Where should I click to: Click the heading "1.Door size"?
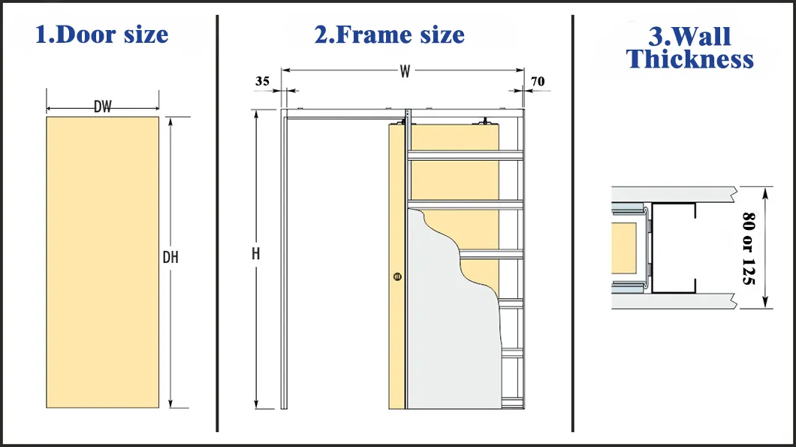[x=101, y=35]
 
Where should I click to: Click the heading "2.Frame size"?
[x=390, y=35]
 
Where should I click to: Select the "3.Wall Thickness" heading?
[x=689, y=47]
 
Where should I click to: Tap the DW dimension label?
[x=103, y=107]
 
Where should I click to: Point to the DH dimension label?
[x=170, y=258]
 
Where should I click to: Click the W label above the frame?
[x=405, y=71]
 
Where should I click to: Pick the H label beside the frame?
[x=256, y=253]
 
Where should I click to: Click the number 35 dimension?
[x=262, y=81]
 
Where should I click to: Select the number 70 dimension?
[x=538, y=81]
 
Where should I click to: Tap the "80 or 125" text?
[x=749, y=249]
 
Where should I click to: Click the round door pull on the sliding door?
[x=397, y=276]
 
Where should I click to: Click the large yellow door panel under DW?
[x=103, y=262]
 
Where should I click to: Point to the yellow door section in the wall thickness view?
[x=623, y=248]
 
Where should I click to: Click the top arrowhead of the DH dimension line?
[x=170, y=121]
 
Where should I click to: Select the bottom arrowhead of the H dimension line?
[x=256, y=405]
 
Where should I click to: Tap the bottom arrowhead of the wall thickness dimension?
[x=765, y=304]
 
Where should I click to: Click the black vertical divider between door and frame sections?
[x=217, y=224]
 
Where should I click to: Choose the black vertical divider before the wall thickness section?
[x=573, y=224]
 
